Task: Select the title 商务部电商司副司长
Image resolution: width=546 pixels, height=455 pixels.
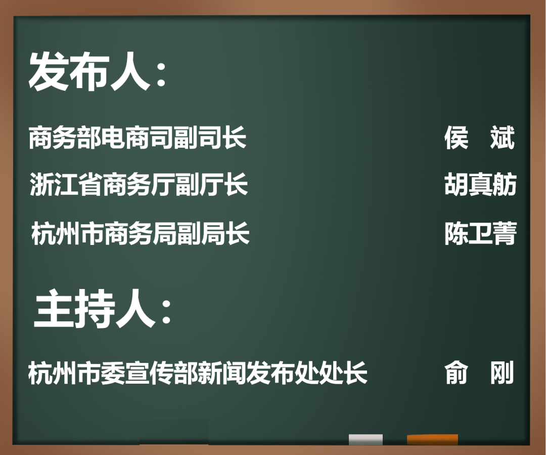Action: pyautogui.click(x=138, y=138)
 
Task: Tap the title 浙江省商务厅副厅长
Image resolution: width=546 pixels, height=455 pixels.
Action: pyautogui.click(x=139, y=184)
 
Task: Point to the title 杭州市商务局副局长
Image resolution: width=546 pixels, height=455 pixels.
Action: pyautogui.click(x=141, y=234)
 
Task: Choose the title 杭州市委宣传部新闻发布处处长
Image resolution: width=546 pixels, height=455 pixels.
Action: pyautogui.click(x=198, y=373)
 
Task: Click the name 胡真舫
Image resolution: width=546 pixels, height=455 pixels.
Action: pyautogui.click(x=480, y=184)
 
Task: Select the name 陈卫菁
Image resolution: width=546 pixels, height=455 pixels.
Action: pyautogui.click(x=480, y=234)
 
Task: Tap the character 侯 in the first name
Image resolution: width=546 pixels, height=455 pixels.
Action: pyautogui.click(x=457, y=138)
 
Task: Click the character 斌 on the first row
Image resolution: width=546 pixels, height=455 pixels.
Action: pyautogui.click(x=503, y=138)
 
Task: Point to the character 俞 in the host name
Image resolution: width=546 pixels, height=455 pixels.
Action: pyautogui.click(x=457, y=373)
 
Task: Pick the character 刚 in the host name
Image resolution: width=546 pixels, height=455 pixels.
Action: pyautogui.click(x=503, y=373)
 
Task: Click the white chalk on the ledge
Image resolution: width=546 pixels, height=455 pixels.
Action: pyautogui.click(x=366, y=439)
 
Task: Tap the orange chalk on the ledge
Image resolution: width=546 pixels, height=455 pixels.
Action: pyautogui.click(x=432, y=439)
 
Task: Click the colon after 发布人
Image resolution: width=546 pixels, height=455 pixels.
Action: pyautogui.click(x=161, y=76)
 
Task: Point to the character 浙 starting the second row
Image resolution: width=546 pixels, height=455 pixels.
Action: pyautogui.click(x=40, y=184)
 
